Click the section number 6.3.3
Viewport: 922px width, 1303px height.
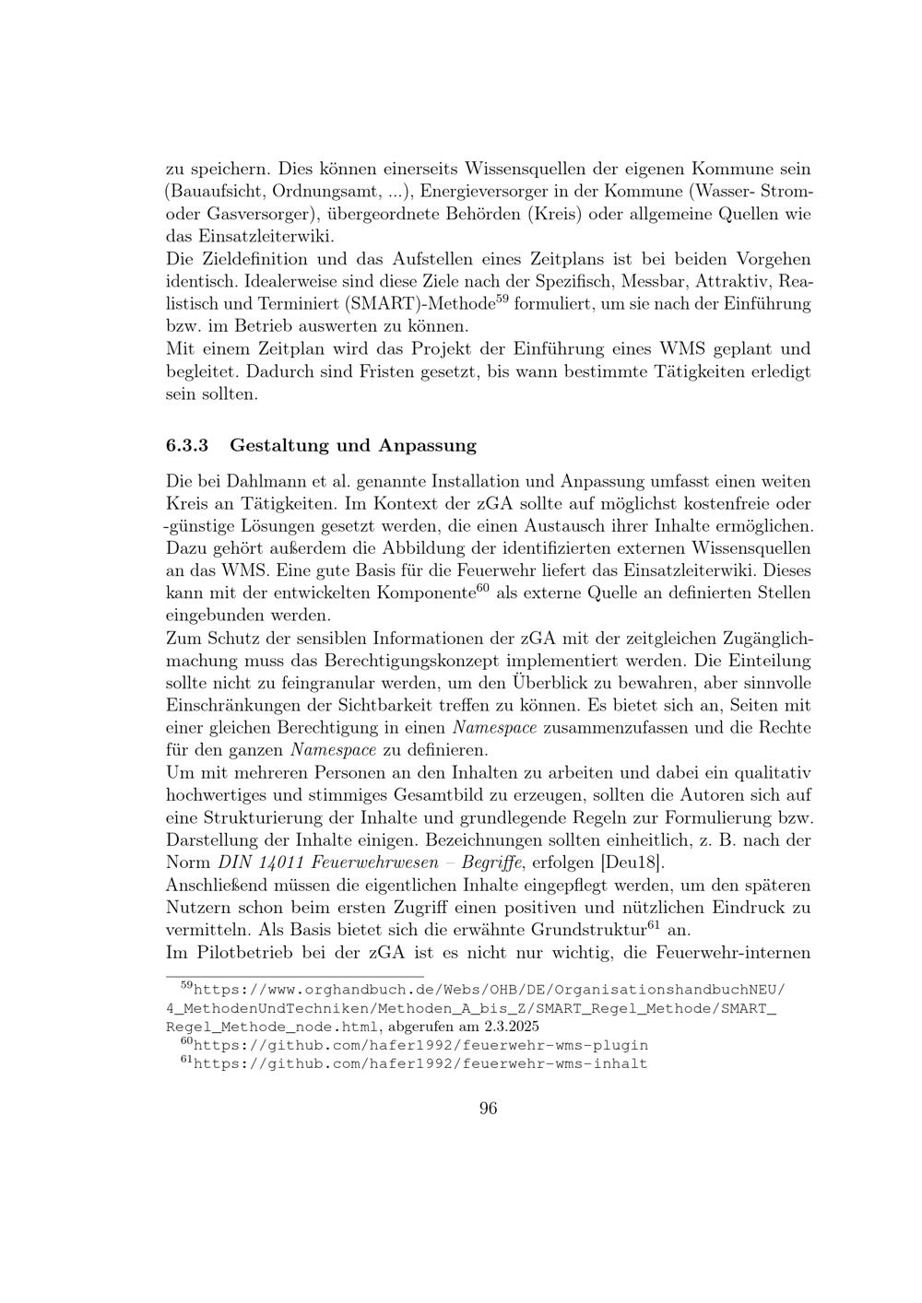[x=187, y=446]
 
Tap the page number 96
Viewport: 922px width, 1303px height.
[x=489, y=1109]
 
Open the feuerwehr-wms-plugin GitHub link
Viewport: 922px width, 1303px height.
[x=420, y=1045]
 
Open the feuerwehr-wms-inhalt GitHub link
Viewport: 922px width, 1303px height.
[x=420, y=1063]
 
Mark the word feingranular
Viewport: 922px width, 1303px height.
[x=324, y=683]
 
